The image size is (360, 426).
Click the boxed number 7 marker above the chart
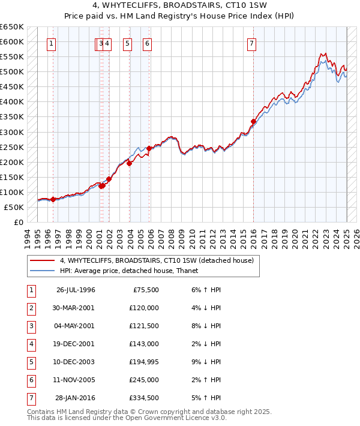pyautogui.click(x=251, y=43)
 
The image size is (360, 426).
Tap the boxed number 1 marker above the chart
pyautogui.click(x=52, y=43)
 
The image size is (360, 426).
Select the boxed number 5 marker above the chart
pyautogui.click(x=128, y=43)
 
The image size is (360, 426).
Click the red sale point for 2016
pyautogui.click(x=253, y=122)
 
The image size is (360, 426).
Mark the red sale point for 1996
pyautogui.click(x=53, y=199)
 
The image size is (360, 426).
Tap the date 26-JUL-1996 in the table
pyautogui.click(x=75, y=290)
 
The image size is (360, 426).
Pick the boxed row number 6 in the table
pyautogui.click(x=32, y=380)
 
